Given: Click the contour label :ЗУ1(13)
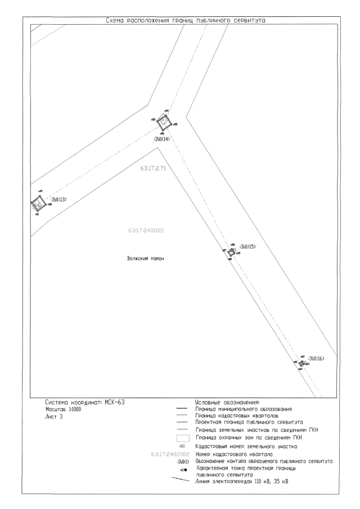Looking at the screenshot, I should click(58, 199).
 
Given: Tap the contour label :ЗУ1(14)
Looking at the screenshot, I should click(161, 138).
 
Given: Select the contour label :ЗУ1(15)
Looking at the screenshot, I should click(247, 247).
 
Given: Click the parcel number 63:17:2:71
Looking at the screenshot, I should click(152, 169).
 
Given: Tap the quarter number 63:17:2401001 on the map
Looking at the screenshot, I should click(146, 231).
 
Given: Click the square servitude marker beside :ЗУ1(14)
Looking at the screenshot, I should click(164, 121).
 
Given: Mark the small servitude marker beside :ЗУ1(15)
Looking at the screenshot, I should click(231, 253).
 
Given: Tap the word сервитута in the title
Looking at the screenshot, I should click(248, 21).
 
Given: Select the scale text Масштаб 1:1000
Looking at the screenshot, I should click(65, 410).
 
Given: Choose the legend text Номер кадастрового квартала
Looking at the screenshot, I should click(236, 453).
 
